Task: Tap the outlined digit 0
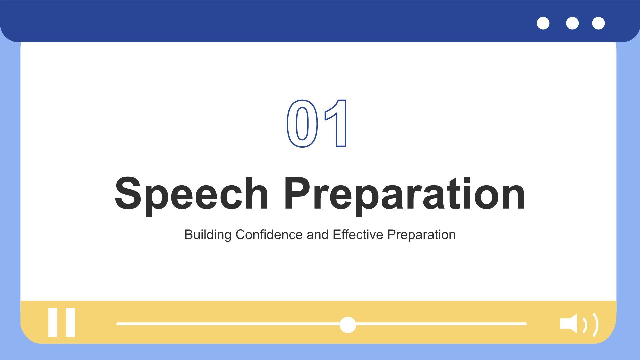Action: pos(302,124)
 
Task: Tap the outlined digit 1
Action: pos(336,123)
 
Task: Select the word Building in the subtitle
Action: pos(208,235)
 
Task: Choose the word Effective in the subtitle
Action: pos(358,235)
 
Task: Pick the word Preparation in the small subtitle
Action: pos(421,235)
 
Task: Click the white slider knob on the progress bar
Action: pos(348,325)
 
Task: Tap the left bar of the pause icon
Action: pos(53,322)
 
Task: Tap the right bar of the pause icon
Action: pos(70,322)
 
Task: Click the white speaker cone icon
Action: pos(569,323)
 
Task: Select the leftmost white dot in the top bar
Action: pos(543,23)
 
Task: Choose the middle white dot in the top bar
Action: pos(572,23)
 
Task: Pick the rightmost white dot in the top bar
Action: pos(598,23)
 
